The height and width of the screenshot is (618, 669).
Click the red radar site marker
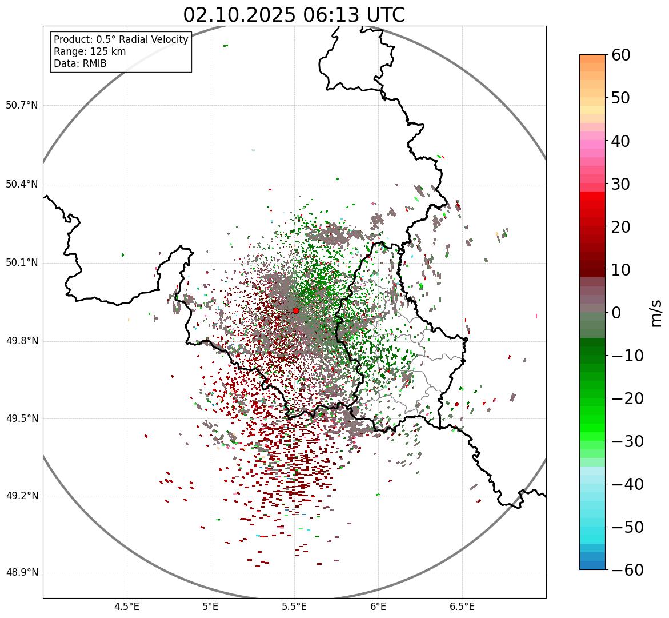click(295, 310)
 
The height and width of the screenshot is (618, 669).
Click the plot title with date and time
click(294, 15)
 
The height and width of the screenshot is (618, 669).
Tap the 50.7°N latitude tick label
click(22, 106)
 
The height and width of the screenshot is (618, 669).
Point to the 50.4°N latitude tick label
click(22, 185)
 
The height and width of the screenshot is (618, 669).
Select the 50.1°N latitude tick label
click(22, 263)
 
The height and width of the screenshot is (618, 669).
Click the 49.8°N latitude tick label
click(22, 341)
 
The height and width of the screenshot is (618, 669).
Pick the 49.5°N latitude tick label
click(22, 418)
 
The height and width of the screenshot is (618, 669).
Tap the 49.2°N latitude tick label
click(22, 496)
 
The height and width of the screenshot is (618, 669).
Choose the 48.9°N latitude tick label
click(22, 573)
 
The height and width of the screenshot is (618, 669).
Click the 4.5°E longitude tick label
click(127, 607)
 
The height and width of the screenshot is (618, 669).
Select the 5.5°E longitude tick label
click(294, 607)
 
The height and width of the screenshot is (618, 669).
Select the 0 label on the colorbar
click(616, 313)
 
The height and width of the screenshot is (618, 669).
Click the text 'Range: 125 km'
click(90, 51)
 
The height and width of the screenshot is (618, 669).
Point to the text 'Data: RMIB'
click(80, 63)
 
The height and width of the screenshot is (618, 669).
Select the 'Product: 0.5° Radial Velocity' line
click(121, 39)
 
